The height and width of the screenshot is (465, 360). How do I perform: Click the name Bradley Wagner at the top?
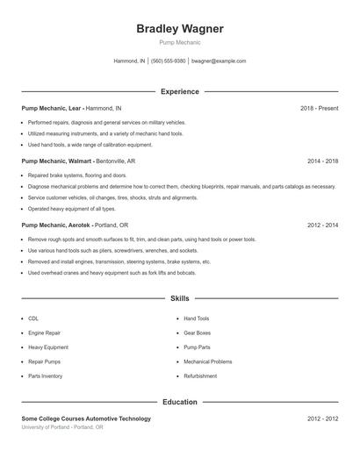180,29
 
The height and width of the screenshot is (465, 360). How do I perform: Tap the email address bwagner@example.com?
219,61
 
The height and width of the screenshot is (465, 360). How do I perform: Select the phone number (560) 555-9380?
169,61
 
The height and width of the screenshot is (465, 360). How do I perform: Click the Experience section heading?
180,91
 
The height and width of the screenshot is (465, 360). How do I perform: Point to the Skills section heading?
180,299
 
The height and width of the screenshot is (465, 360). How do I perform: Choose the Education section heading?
180,402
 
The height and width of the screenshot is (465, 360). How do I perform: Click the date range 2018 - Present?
319,108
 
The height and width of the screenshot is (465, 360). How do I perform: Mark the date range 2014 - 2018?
322,161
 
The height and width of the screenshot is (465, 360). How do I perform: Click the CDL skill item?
33,318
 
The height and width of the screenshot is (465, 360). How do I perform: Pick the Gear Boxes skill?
198,333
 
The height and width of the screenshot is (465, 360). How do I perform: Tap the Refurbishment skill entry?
200,376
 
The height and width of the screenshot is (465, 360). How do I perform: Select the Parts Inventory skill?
45,376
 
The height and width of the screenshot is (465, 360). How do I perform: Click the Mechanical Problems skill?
208,361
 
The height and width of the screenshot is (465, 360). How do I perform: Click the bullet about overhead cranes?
112,273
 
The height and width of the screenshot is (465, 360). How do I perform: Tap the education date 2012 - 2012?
322,419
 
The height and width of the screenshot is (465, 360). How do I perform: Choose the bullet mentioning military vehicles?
106,122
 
